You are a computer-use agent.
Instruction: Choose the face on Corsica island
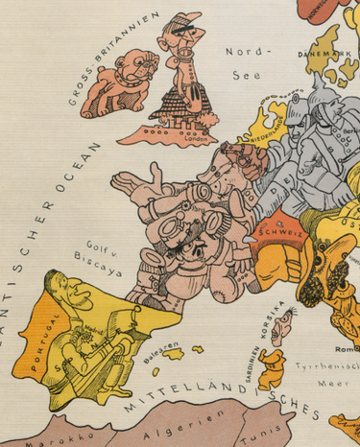coord(280,332)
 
